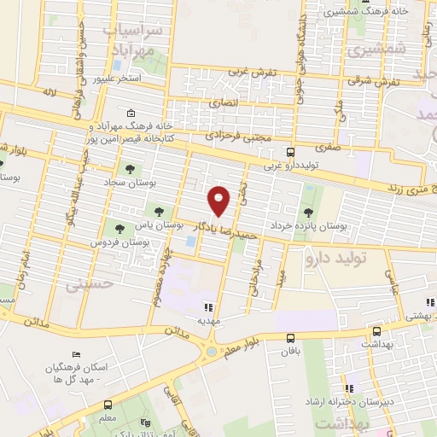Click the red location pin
click(219, 201)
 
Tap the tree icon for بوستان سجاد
click(131, 169)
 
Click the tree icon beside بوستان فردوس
click(119, 228)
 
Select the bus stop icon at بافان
click(291, 337)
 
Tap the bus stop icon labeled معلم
click(108, 405)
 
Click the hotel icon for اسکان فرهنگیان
click(77, 355)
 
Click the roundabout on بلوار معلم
click(210, 351)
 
